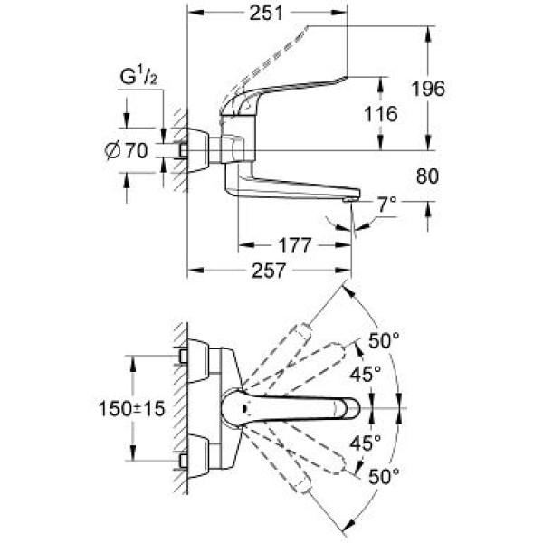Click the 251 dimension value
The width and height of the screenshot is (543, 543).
269,13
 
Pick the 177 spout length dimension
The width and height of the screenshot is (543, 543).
290,245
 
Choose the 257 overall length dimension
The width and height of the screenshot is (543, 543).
269,270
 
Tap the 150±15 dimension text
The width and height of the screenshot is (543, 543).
132,410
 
